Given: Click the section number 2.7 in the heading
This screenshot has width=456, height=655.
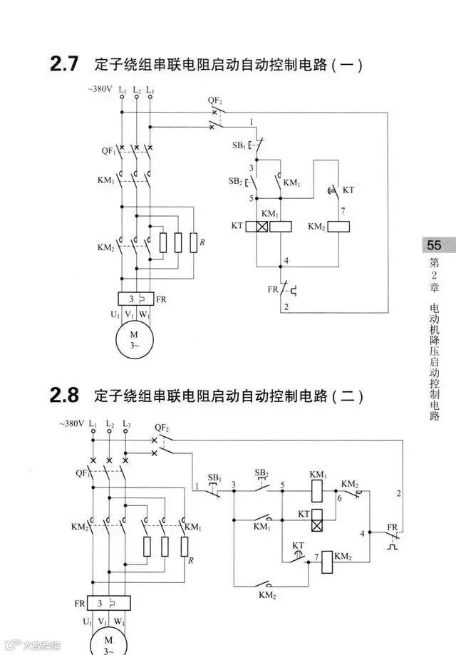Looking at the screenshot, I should click(64, 64).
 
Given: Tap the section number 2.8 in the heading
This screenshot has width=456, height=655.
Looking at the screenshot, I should click(64, 394).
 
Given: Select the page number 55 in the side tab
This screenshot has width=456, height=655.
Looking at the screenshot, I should click(434, 245).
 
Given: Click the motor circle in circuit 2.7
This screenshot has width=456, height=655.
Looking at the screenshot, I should click(135, 339).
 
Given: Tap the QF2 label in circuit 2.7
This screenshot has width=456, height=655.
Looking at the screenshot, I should click(215, 100).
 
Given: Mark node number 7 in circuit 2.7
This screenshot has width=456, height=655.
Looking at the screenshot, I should click(343, 212).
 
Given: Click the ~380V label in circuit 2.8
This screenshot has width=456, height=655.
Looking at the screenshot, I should click(72, 424).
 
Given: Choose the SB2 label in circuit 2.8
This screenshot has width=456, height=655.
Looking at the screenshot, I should click(261, 473).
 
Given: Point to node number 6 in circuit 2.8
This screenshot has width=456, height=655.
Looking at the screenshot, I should click(340, 499).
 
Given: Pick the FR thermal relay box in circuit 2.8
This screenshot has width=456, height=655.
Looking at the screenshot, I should click(109, 604).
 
